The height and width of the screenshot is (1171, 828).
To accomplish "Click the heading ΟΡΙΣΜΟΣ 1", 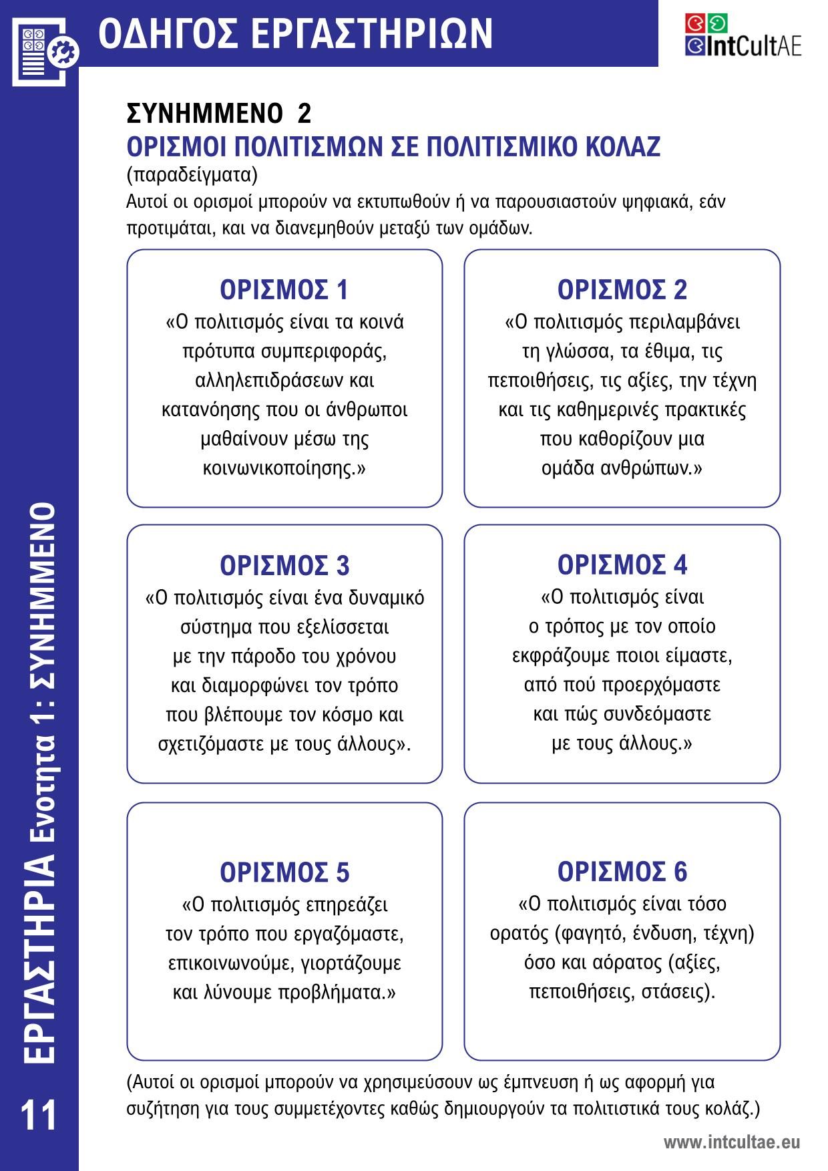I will point(284,290).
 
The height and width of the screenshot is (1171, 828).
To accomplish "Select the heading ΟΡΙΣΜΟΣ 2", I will point(622,290).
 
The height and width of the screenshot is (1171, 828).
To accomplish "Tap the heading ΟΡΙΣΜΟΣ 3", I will point(284,566).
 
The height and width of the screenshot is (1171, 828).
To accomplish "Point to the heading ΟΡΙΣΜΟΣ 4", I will point(622,565).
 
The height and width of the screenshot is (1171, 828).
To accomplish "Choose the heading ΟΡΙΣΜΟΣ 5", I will point(284,872).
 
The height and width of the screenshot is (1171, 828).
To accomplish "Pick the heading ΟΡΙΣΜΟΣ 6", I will point(622,872).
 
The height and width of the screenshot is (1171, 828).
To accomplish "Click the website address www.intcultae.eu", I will point(731,1142).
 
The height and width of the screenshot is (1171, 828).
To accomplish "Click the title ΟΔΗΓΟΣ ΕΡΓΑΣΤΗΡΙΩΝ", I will point(295,34).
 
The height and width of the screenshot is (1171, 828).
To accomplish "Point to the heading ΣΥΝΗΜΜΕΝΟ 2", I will point(219,114).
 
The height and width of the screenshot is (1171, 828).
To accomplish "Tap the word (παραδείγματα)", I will point(192,175).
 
